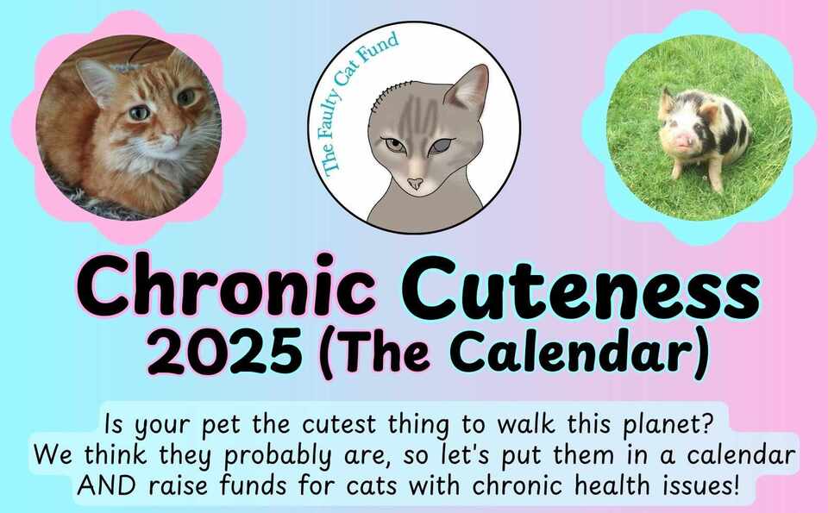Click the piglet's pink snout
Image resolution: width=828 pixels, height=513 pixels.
click(x=684, y=141)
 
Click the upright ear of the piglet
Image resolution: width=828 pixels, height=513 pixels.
click(x=666, y=100)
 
